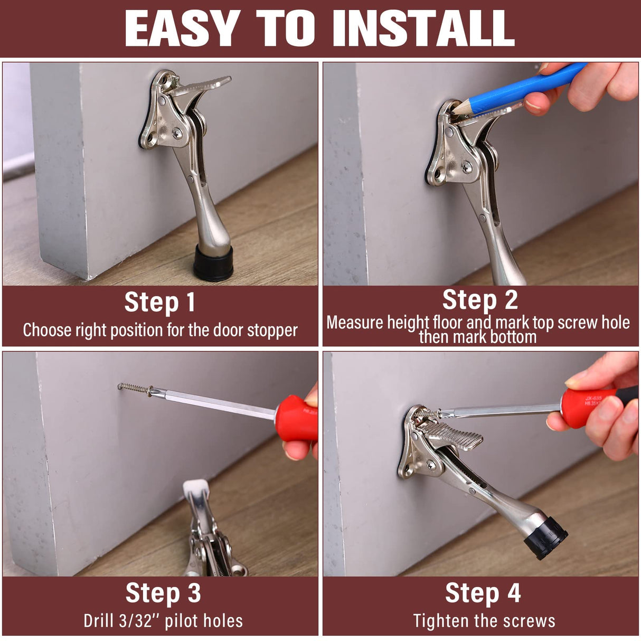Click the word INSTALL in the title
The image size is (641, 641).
pyautogui.click(x=424, y=29)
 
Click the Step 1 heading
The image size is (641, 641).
pyautogui.click(x=160, y=303)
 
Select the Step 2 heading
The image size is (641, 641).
pyautogui.click(x=480, y=300)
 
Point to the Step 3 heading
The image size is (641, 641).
pyautogui.click(x=163, y=592)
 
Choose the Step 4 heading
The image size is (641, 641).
pyautogui.click(x=483, y=592)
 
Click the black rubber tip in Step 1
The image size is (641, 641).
pyautogui.click(x=213, y=262)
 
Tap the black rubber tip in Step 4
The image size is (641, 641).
pyautogui.click(x=546, y=537)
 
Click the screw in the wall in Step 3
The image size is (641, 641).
pyautogui.click(x=134, y=389)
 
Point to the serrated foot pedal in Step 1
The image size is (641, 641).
pyautogui.click(x=205, y=84)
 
